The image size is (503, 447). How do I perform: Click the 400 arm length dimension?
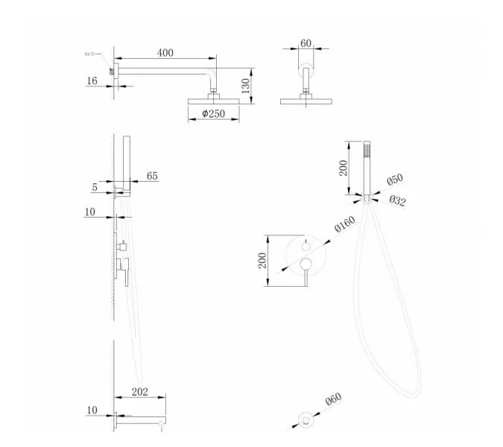pyautogui.click(x=165, y=53)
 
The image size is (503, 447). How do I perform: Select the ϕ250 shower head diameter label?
pyautogui.click(x=214, y=113)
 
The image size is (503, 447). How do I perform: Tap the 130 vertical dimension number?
pyautogui.click(x=245, y=86)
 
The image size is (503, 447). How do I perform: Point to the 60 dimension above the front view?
pyautogui.click(x=306, y=43)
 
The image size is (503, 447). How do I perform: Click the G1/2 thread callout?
pyautogui.click(x=89, y=54)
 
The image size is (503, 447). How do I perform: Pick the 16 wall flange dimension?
pyautogui.click(x=92, y=80)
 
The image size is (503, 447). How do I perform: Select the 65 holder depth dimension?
pyautogui.click(x=152, y=176)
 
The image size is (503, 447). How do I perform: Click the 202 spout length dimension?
pyautogui.click(x=140, y=392)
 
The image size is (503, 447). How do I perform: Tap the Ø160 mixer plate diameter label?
pyautogui.click(x=345, y=223)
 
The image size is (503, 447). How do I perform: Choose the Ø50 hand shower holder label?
pyautogui.click(x=395, y=180)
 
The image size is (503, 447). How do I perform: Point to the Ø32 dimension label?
pyautogui.click(x=397, y=200)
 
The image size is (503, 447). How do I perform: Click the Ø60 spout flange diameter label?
pyautogui.click(x=334, y=399)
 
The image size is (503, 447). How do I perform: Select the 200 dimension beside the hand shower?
pyautogui.click(x=344, y=168)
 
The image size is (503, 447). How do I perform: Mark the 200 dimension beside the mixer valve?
pyautogui.click(x=262, y=260)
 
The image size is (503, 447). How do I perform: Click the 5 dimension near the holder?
pyautogui.click(x=95, y=187)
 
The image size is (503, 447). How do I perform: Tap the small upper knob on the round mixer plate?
pyautogui.click(x=306, y=246)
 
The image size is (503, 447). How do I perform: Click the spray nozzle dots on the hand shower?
pyautogui.click(x=367, y=150)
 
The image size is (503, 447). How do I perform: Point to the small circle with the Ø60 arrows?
pyautogui.click(x=306, y=419)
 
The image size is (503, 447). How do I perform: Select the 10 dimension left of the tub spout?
pyautogui.click(x=92, y=410)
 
